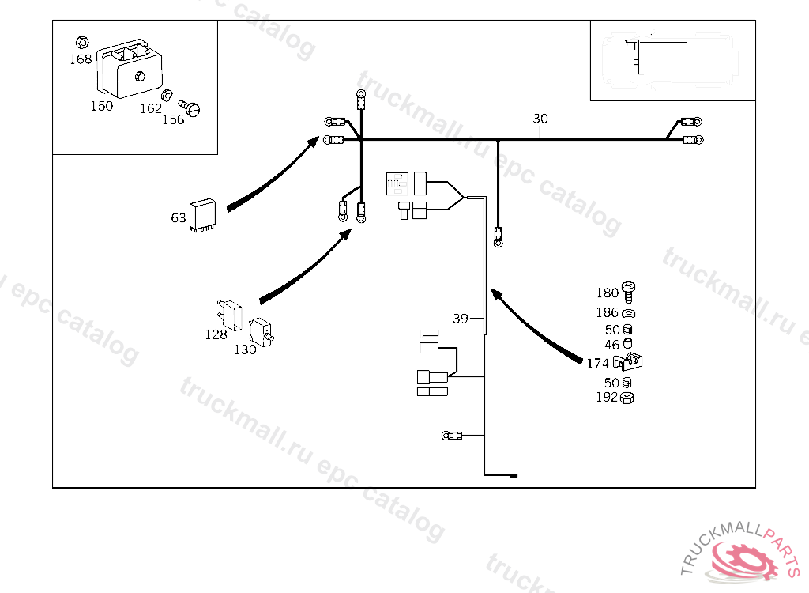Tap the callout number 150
[101, 106]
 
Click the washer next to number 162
[167, 96]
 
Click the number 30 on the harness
[540, 119]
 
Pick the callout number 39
[461, 319]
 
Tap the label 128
[216, 334]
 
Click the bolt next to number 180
[630, 292]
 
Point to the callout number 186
[607, 313]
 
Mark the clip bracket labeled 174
[632, 362]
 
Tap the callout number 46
[612, 345]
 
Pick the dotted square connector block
[397, 183]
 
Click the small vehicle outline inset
[672, 61]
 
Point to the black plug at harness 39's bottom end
[514, 475]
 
